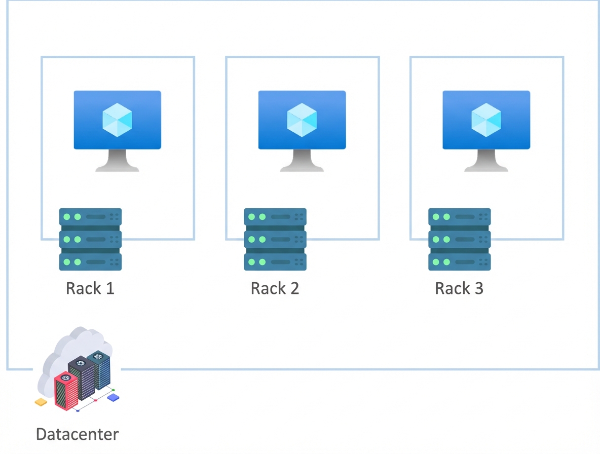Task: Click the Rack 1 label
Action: point(90,288)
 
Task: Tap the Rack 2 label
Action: point(275,288)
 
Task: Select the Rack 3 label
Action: point(459,288)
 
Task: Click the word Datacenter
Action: point(78,434)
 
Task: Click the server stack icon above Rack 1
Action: point(90,239)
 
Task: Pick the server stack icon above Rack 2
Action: point(275,239)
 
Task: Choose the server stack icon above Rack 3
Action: point(460,239)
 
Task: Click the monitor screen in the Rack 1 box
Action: point(118,120)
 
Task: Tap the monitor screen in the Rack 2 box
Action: point(302,120)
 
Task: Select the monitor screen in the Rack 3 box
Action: point(486,120)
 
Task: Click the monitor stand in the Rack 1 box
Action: point(118,162)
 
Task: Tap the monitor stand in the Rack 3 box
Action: point(486,162)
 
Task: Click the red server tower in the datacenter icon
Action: point(66,391)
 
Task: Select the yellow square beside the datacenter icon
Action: point(41,402)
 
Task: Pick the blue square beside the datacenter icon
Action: point(114,398)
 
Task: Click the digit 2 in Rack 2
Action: point(294,288)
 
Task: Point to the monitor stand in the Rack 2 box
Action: point(302,162)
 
